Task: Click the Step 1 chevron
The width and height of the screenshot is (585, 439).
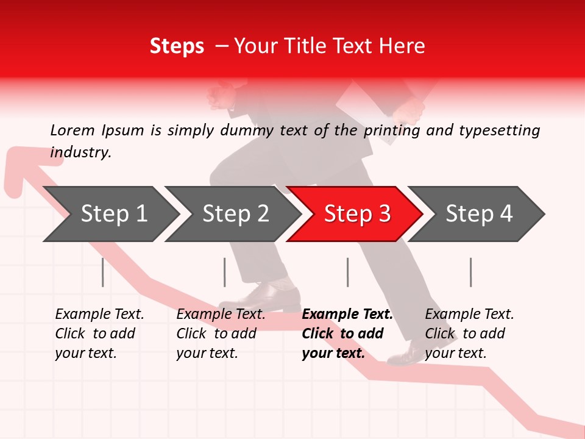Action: [x=110, y=214]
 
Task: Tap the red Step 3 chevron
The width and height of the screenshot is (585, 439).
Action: [x=355, y=214]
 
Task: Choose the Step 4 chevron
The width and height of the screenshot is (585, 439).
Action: [x=477, y=214]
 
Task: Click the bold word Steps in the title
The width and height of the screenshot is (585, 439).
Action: [x=177, y=46]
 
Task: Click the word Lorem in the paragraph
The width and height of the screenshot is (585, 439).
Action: [x=73, y=130]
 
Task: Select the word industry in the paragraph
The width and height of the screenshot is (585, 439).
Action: [x=80, y=152]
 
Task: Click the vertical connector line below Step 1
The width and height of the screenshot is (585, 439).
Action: [x=103, y=272]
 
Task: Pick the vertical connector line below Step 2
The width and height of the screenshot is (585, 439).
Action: [x=225, y=272]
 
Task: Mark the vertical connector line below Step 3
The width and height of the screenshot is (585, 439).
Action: [x=347, y=272]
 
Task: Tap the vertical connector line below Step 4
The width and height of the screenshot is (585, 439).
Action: [x=470, y=272]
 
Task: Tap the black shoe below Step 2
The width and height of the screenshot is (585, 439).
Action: [x=268, y=297]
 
